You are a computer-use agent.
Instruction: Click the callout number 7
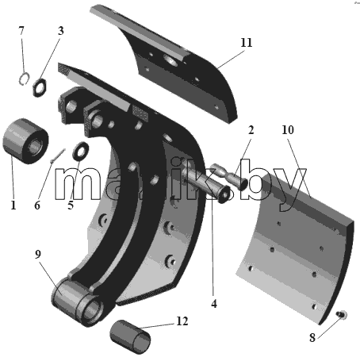[x=21, y=31]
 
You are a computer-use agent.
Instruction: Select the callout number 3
[x=61, y=31]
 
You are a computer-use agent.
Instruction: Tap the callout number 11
[x=247, y=43]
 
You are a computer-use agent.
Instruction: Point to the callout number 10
[x=288, y=130]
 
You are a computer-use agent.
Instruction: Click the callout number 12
[x=182, y=321]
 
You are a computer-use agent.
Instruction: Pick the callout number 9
[x=38, y=254]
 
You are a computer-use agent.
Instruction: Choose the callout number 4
[x=214, y=304]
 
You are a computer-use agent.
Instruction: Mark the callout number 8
[x=312, y=337]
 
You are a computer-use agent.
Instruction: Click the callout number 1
[x=13, y=205]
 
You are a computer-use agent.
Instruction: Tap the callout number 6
[x=37, y=205]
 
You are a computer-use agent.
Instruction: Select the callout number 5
[x=71, y=205]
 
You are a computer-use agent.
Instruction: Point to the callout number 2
[x=251, y=130]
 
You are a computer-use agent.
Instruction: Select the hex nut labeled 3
[x=40, y=87]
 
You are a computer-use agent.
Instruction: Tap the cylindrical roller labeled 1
[x=25, y=141]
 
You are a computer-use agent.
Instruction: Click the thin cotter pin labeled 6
[x=58, y=156]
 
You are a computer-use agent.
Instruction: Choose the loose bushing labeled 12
[x=130, y=336]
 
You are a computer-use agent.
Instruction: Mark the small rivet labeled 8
[x=342, y=314]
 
